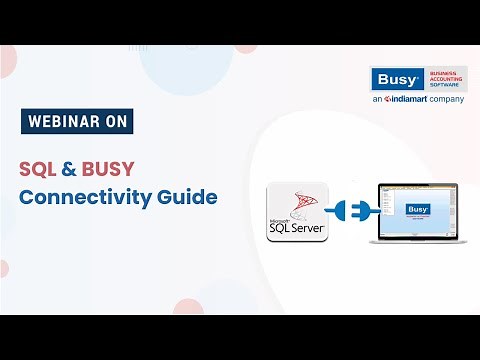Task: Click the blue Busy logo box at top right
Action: tap(393, 80)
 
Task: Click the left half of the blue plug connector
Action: tap(337, 211)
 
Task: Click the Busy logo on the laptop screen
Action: tap(417, 209)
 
